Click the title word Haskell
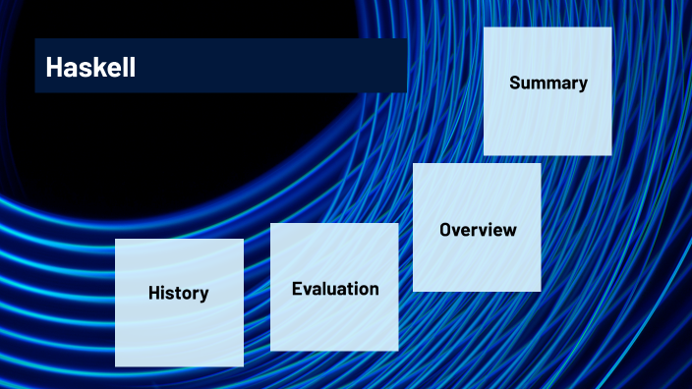[x=90, y=67]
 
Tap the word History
[x=178, y=293]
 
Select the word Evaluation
[x=335, y=289]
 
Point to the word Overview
[x=478, y=230]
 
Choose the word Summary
[x=548, y=83]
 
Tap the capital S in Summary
[x=515, y=83]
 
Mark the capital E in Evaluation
[x=297, y=289]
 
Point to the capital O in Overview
[x=445, y=230]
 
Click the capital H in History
[x=154, y=293]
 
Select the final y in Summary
[x=583, y=84]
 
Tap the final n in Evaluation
[x=374, y=290]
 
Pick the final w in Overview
[x=509, y=231]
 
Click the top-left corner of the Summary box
[x=485, y=28]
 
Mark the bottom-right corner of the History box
[x=243, y=365]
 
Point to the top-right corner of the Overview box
[x=540, y=164]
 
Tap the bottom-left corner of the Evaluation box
[x=271, y=350]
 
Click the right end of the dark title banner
[x=406, y=66]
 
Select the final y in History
[x=203, y=295]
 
